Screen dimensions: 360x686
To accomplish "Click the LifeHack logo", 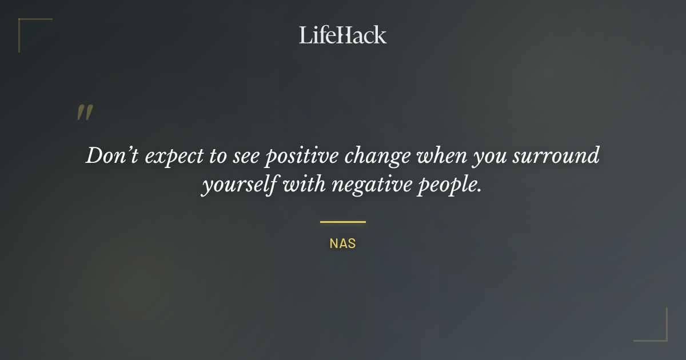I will tap(343, 35).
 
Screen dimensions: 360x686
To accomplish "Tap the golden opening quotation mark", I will tap(85, 113).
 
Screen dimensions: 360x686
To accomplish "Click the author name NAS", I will tap(343, 243).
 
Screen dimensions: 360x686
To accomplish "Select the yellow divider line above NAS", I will tap(343, 222).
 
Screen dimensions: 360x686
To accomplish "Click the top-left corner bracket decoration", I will tap(23, 23).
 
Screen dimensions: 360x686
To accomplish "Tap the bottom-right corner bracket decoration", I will tap(663, 337).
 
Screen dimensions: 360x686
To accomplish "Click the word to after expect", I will tap(218, 157).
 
